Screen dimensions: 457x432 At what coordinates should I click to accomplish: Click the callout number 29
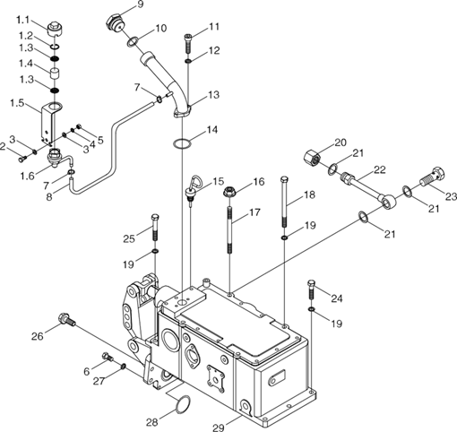[x=218, y=427]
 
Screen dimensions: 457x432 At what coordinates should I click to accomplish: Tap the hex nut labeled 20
[x=313, y=158]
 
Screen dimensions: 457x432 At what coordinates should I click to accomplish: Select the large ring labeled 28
[x=182, y=405]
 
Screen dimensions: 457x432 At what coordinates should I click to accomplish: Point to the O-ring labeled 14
[x=182, y=143]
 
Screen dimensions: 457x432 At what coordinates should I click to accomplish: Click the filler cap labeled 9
[x=115, y=23]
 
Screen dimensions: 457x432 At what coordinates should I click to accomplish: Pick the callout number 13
[x=214, y=95]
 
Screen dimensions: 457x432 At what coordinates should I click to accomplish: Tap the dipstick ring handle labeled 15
[x=195, y=181]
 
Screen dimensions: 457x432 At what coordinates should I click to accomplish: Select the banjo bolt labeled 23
[x=434, y=177]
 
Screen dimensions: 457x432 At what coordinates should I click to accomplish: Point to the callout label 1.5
[x=17, y=103]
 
